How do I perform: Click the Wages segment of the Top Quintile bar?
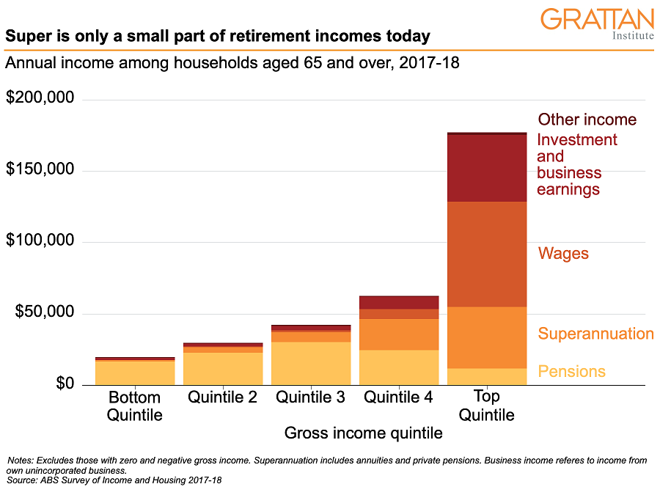(x=487, y=254)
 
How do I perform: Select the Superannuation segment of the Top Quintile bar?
(x=487, y=337)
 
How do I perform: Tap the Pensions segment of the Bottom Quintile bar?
(x=135, y=373)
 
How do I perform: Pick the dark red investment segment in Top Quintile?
(x=487, y=169)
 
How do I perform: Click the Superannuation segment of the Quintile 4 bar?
(x=399, y=334)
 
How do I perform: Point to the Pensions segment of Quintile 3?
(x=311, y=364)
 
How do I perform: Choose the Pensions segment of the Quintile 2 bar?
(x=223, y=369)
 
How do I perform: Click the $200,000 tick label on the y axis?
(x=40, y=98)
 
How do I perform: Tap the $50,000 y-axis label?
(x=45, y=312)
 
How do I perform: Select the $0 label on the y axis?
(x=65, y=384)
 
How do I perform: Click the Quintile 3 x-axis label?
(x=310, y=397)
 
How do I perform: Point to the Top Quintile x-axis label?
(x=487, y=406)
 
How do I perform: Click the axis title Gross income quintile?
(x=363, y=433)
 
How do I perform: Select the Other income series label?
(x=587, y=120)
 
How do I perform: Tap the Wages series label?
(x=563, y=254)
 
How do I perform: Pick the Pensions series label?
(x=571, y=371)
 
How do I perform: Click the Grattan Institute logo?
(x=597, y=23)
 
